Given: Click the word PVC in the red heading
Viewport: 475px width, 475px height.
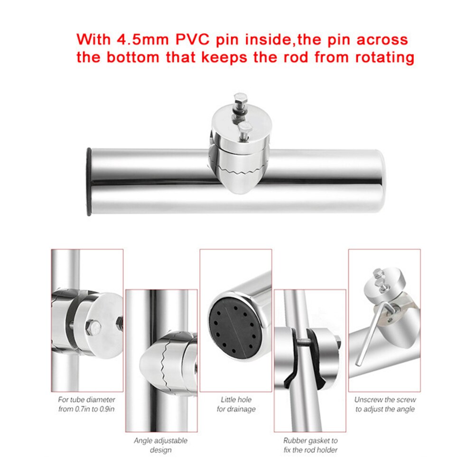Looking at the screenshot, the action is coord(192,40).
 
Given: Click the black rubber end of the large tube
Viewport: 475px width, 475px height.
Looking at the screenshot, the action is coord(89,182).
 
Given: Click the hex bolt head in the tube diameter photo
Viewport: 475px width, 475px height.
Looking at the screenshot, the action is coord(93,327).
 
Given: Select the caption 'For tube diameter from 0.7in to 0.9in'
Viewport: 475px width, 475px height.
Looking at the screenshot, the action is coord(87,404).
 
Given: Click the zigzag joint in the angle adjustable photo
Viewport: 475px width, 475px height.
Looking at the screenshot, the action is coord(166,363).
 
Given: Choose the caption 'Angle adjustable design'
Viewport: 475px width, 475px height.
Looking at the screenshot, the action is coord(160,445).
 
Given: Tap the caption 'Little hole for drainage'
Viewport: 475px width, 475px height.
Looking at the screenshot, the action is coord(236,404).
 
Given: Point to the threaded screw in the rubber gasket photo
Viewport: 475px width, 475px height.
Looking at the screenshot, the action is coord(305,342).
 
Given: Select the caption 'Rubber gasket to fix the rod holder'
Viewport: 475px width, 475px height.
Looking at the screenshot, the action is coord(310,445).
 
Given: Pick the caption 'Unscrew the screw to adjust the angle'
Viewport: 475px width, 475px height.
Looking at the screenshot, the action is coord(385,404).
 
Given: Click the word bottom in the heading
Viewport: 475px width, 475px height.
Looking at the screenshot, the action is coord(133,57).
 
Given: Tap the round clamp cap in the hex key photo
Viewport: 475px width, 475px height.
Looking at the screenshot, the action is coord(384,284).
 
